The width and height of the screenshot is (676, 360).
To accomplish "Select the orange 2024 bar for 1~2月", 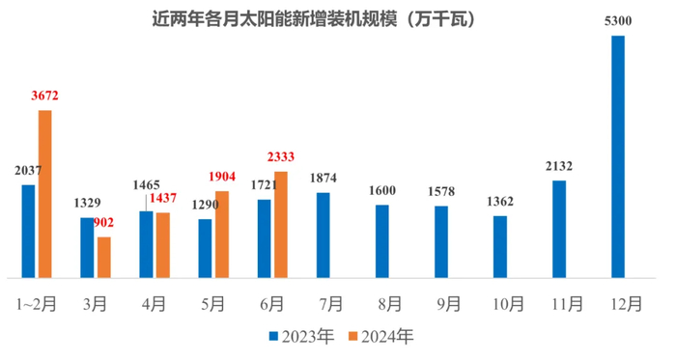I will click(x=45, y=193).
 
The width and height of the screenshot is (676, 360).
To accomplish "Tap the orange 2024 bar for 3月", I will click(x=104, y=257).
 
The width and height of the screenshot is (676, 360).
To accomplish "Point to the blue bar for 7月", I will click(x=324, y=235).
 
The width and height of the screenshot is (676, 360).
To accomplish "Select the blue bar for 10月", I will click(x=500, y=246).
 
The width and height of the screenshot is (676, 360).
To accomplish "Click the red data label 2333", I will click(x=281, y=159).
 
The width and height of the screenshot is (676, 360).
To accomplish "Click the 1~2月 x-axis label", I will click(x=38, y=304).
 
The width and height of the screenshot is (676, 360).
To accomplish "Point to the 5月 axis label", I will click(x=212, y=304).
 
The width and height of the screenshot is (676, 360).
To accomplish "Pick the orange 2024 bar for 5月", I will click(x=222, y=234).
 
